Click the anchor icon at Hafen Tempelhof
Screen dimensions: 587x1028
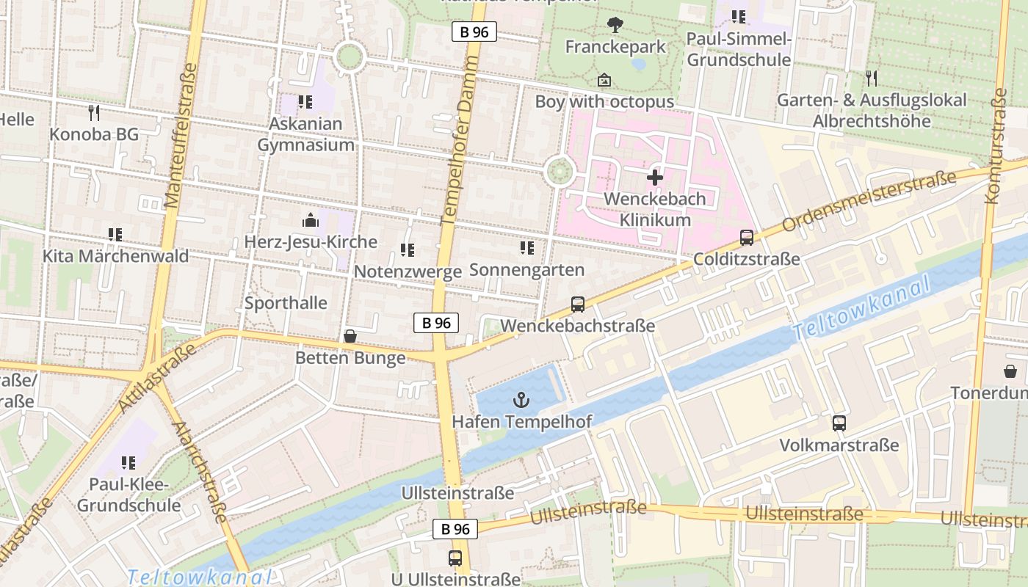click(521, 400)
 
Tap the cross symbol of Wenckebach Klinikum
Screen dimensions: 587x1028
click(654, 177)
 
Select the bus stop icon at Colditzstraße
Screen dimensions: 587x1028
click(747, 237)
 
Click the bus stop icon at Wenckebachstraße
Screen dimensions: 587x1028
click(578, 304)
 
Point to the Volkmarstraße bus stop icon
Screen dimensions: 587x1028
click(839, 423)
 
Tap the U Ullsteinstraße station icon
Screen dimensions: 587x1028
click(455, 558)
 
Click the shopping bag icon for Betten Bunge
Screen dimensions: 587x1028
click(350, 336)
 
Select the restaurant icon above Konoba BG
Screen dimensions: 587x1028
click(94, 112)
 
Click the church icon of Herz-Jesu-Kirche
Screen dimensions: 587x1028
click(311, 219)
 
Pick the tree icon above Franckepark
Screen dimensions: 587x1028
click(615, 25)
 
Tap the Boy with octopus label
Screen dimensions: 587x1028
click(604, 101)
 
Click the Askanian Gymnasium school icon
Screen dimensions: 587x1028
click(305, 102)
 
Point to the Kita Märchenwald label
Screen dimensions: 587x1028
click(115, 256)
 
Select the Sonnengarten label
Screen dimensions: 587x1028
click(526, 269)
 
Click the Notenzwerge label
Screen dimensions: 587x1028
click(408, 271)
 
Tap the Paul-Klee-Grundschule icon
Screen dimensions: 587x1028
click(129, 462)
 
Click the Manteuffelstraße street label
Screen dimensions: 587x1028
click(181, 136)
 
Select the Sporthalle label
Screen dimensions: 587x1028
click(286, 302)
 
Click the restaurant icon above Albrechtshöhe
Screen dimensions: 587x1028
click(872, 78)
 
